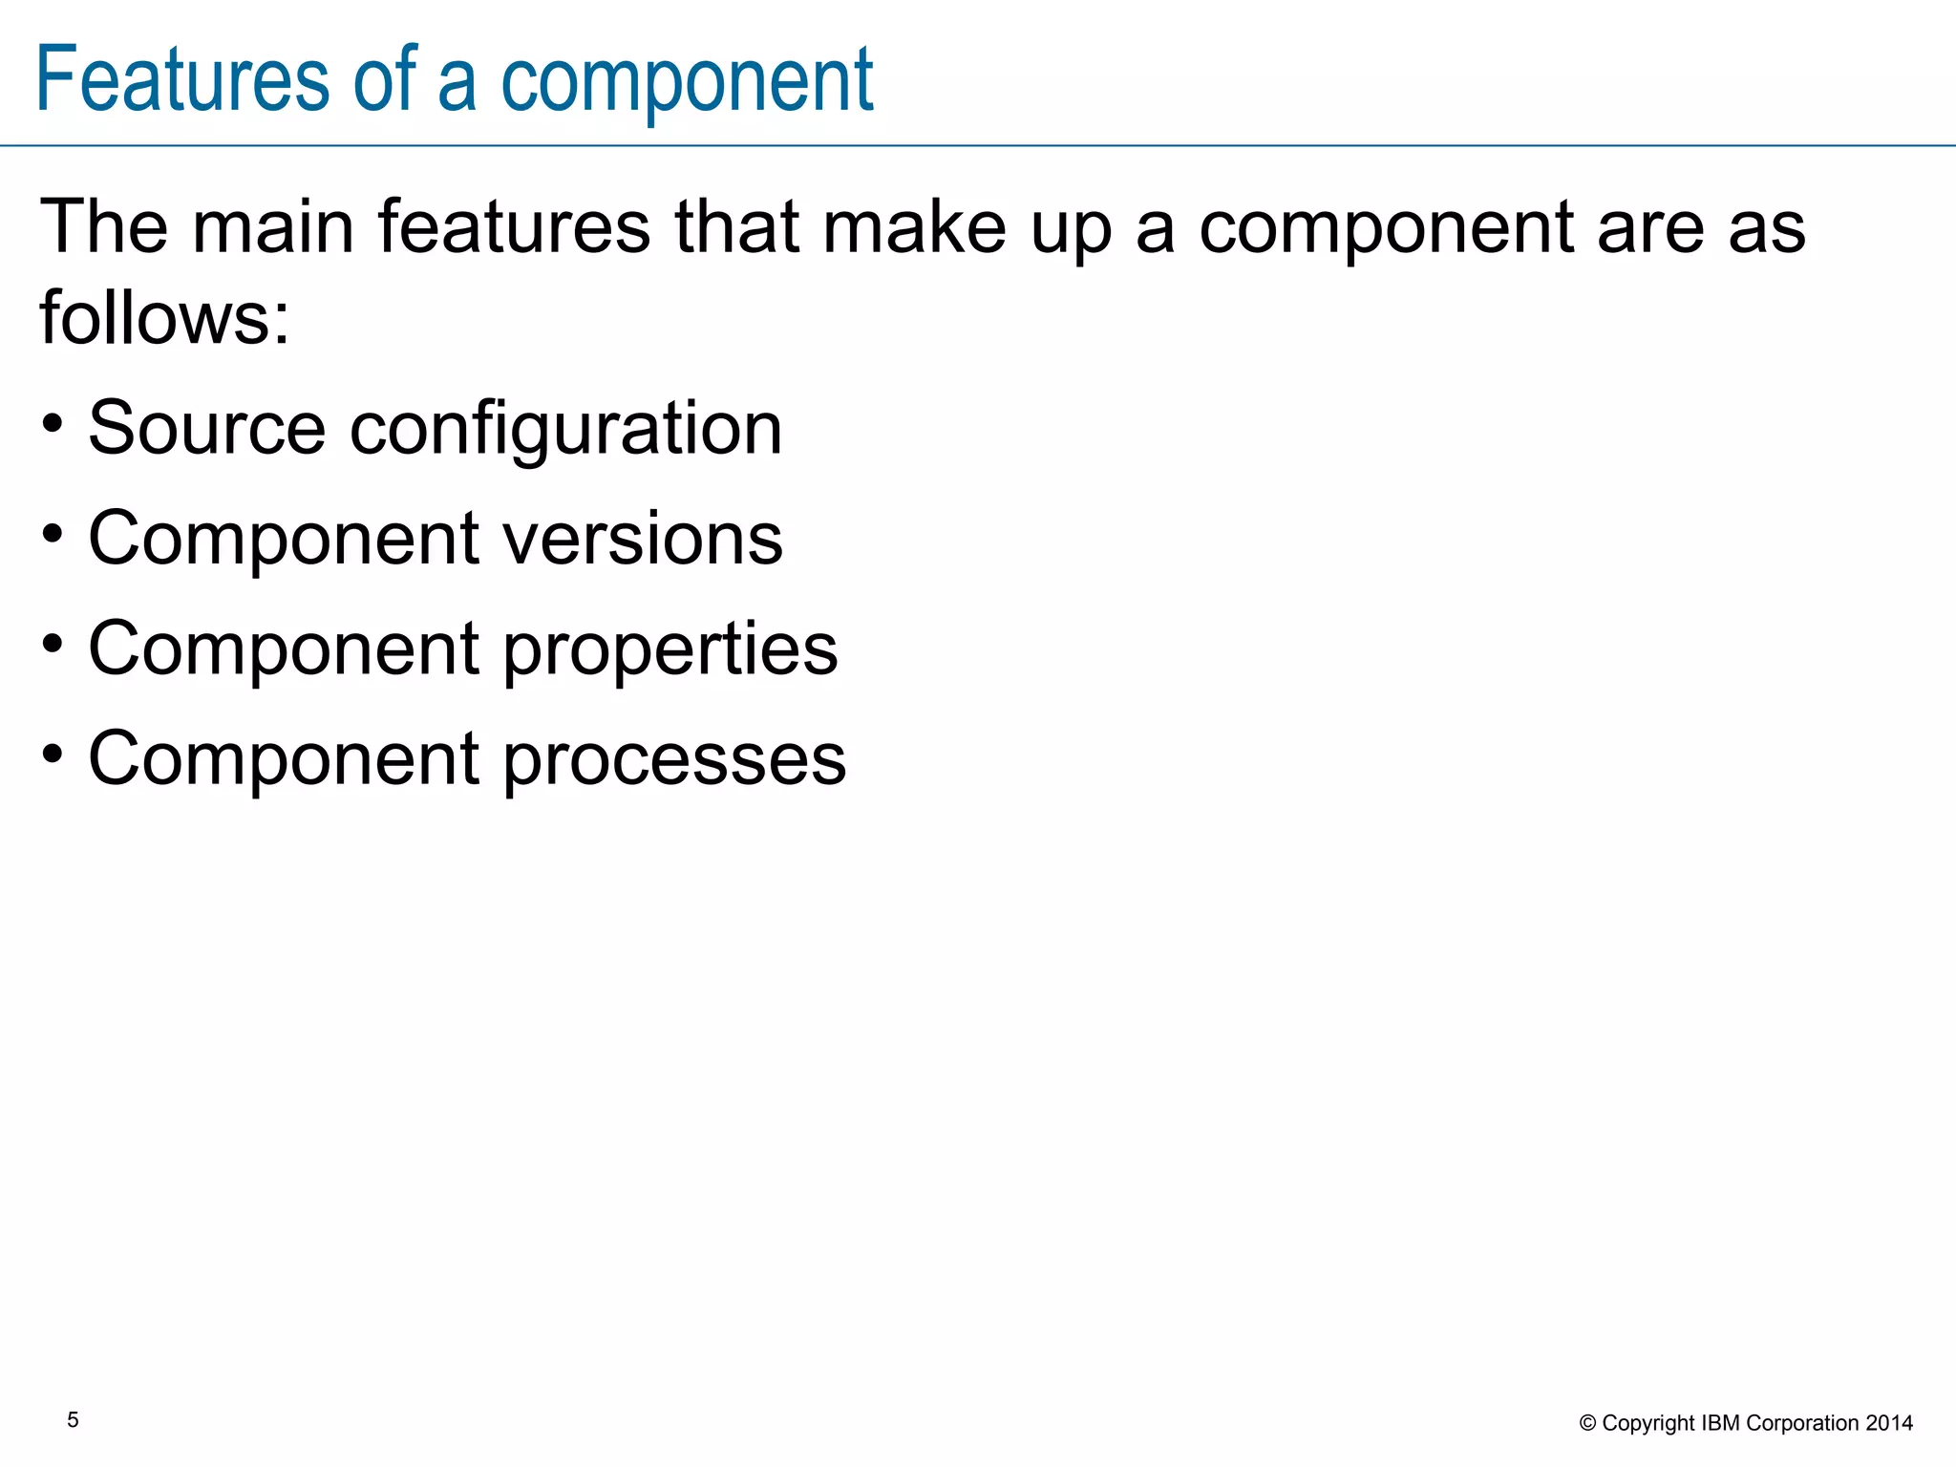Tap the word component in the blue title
[687, 81]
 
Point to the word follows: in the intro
[164, 317]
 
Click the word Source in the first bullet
[206, 427]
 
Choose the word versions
[642, 538]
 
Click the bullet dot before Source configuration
[53, 422]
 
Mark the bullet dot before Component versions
[53, 533]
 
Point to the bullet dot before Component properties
[53, 643]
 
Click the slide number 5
[73, 1420]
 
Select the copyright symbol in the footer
[1588, 1423]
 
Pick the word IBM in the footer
[1721, 1423]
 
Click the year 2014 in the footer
[1889, 1423]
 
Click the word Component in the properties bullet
[284, 648]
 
